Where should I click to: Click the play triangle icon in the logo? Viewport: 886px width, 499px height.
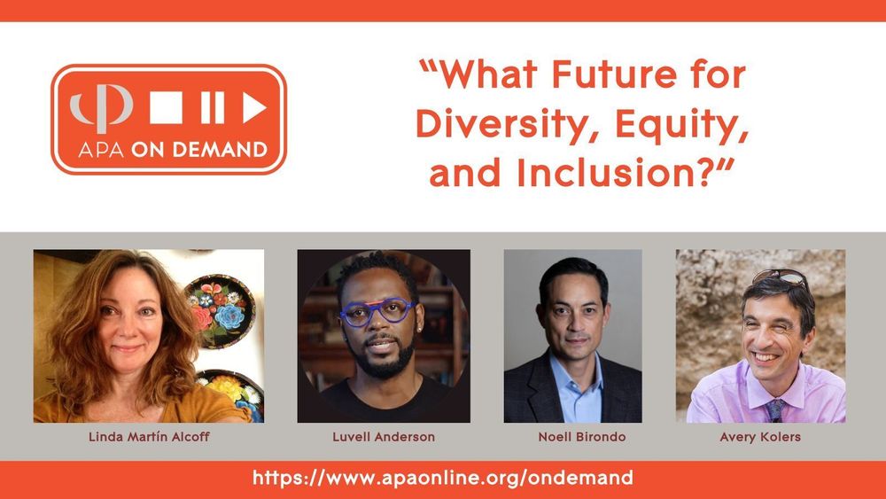tap(254, 108)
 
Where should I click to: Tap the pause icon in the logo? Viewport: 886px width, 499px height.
tap(212, 108)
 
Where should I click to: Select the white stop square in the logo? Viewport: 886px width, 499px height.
tap(166, 108)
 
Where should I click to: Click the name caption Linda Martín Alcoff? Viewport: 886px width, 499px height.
tap(148, 437)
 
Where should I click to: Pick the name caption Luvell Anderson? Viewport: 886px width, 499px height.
tap(384, 437)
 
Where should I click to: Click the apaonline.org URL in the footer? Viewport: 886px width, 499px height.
tap(443, 478)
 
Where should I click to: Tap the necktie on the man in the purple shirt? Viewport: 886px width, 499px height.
tap(775, 407)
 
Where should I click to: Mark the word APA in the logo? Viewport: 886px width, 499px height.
tap(96, 150)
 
